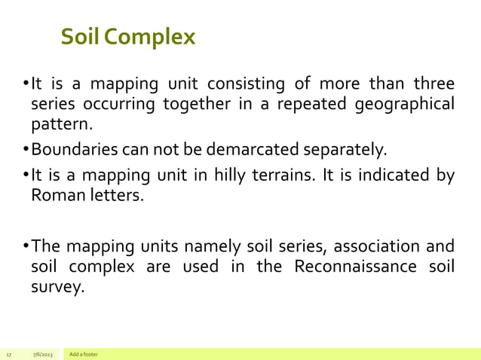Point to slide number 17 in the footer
point(9,354)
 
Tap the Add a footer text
point(83,354)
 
